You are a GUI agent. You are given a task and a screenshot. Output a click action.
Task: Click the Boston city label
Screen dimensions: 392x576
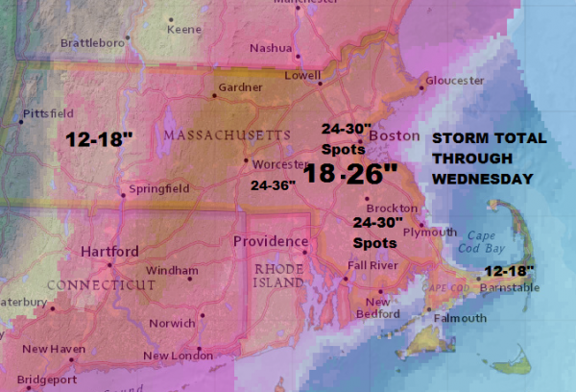pos(395,137)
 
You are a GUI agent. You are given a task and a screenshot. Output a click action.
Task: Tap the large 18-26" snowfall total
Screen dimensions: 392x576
pos(350,174)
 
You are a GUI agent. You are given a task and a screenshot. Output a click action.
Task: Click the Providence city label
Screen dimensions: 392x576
pos(272,241)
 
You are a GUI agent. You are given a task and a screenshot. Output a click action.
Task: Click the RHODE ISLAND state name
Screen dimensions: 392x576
pos(274,277)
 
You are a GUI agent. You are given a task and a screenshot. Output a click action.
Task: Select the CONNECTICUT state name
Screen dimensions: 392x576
pos(102,285)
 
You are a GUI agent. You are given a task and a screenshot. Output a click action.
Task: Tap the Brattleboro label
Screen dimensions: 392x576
pos(94,43)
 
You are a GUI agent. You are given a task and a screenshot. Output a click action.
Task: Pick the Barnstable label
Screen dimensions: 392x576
pos(512,286)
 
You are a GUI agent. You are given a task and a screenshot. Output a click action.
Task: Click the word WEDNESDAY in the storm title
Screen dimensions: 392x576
pos(482,180)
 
